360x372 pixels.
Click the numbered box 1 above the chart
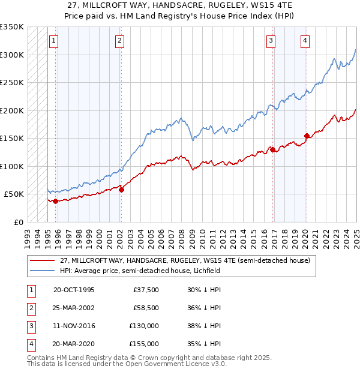[x=54, y=41]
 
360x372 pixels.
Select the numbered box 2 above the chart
[x=120, y=41]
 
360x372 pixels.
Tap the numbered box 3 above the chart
[x=271, y=41]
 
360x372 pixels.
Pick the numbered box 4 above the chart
[x=305, y=41]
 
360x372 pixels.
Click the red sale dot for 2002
[x=121, y=190]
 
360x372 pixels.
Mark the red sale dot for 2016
[x=272, y=149]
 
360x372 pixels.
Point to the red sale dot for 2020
[x=307, y=136]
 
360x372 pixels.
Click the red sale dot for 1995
[x=55, y=201]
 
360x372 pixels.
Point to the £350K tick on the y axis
[x=12, y=27]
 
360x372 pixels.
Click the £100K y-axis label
[x=12, y=166]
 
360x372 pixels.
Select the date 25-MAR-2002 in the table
[x=74, y=308]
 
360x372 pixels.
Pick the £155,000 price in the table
[x=144, y=344]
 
